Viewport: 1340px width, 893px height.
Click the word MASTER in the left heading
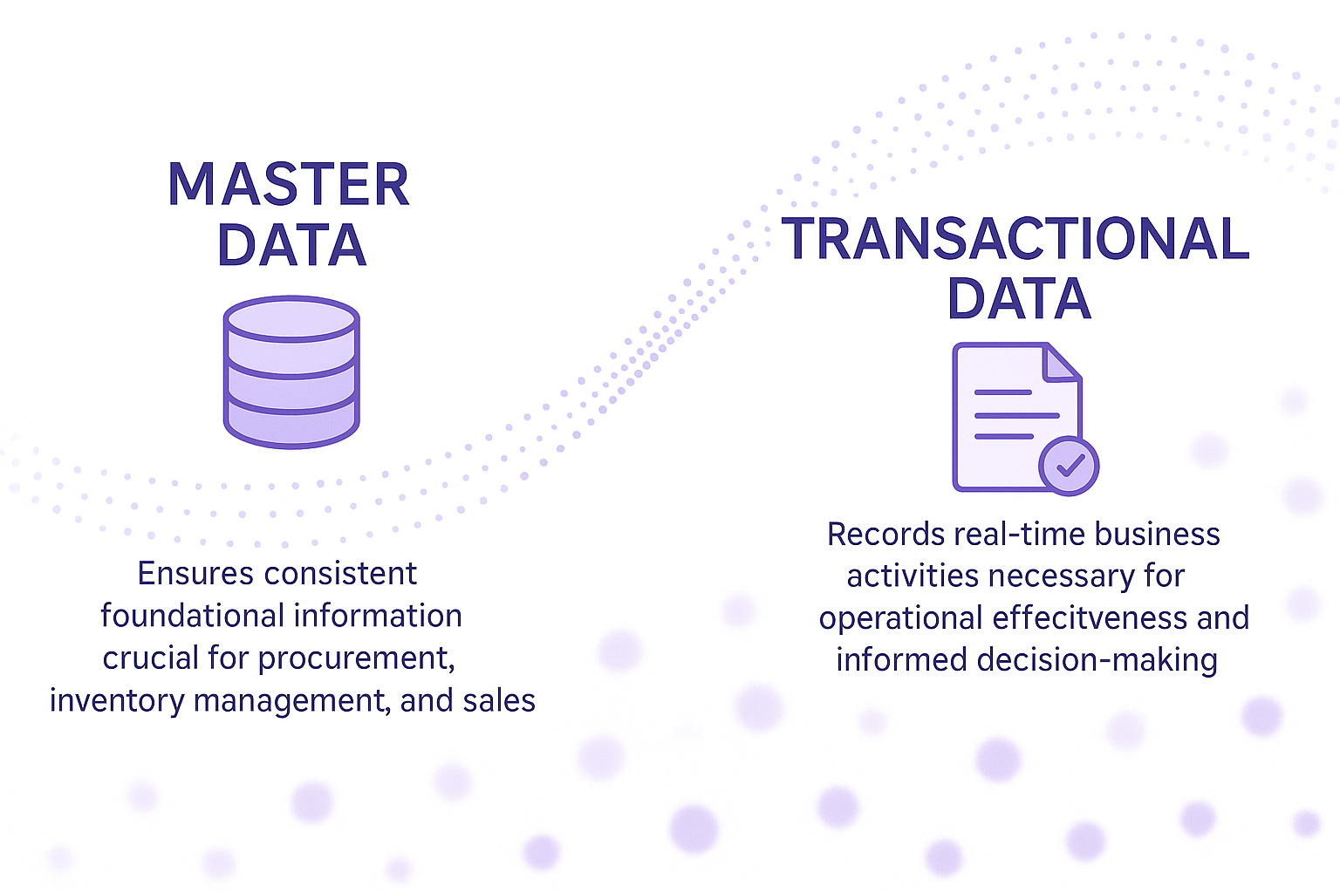(x=289, y=184)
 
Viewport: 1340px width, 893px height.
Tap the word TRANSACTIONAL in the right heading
(x=1015, y=238)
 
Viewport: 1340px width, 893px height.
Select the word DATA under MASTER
(x=292, y=245)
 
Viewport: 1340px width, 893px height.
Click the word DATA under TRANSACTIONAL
(x=1019, y=298)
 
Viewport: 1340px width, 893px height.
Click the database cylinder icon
(x=291, y=372)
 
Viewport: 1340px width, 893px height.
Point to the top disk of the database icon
(x=291, y=319)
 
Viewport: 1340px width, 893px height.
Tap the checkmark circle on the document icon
(x=1069, y=466)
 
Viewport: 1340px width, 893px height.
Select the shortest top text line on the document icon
(x=1003, y=392)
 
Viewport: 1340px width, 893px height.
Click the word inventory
(x=117, y=701)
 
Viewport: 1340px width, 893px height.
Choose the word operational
(x=901, y=619)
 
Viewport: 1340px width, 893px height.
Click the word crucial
(x=150, y=658)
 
